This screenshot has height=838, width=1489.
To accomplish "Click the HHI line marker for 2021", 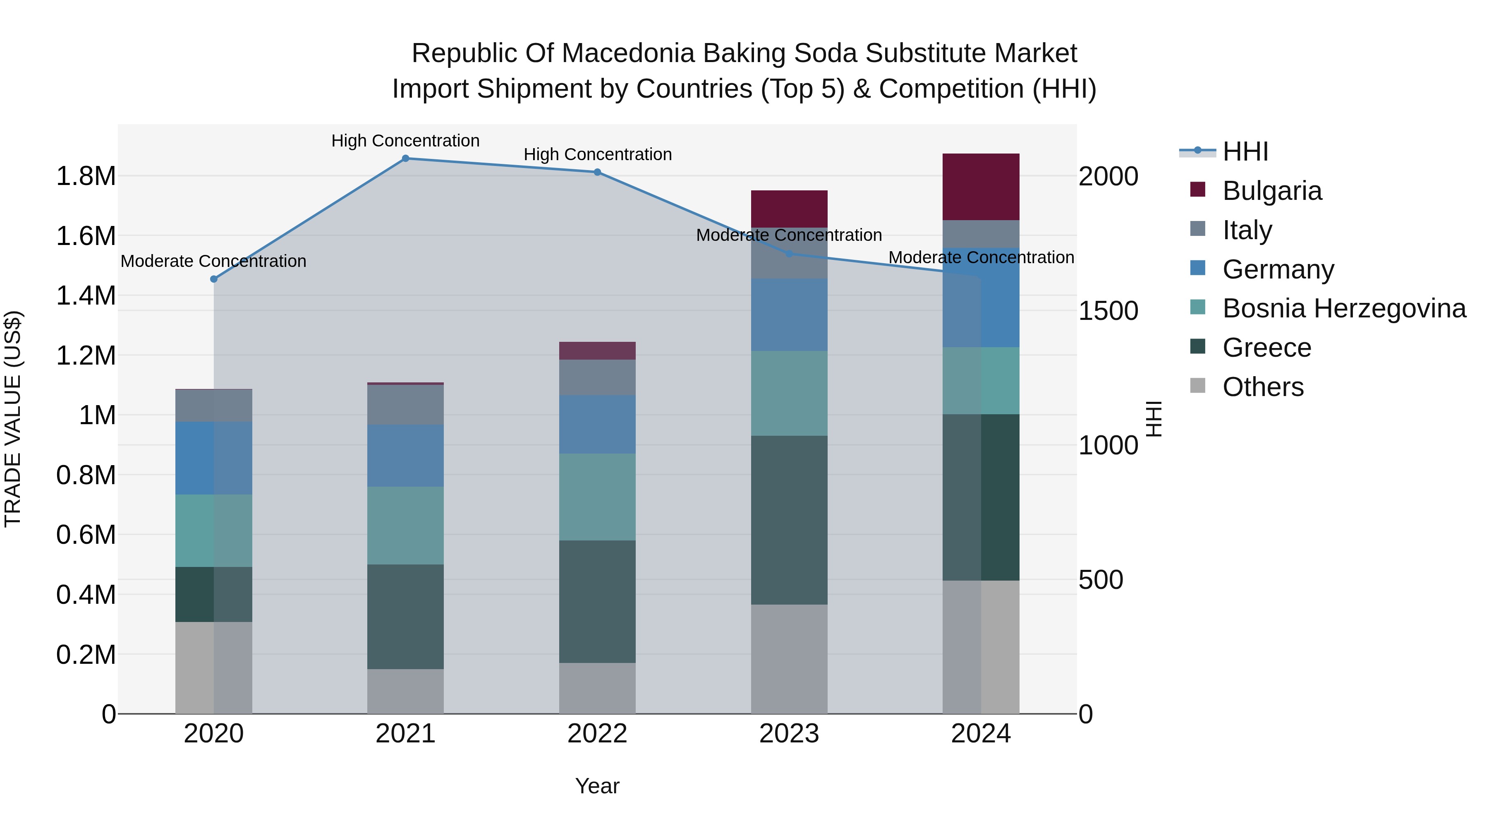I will [x=405, y=158].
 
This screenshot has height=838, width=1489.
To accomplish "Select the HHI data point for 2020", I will [x=214, y=279].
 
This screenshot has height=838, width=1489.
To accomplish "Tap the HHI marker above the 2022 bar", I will [x=597, y=172].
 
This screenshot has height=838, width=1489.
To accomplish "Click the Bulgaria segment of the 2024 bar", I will [x=981, y=187].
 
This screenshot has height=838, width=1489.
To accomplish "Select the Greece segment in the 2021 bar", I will [x=405, y=617].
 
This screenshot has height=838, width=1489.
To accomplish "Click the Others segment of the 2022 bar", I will [x=597, y=688].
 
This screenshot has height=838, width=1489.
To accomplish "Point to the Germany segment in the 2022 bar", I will [x=597, y=425].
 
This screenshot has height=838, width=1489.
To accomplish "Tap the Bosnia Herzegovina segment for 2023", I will [x=789, y=393].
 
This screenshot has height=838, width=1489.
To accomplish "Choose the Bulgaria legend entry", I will [x=1272, y=191].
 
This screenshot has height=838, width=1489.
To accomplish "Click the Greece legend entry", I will [x=1266, y=348].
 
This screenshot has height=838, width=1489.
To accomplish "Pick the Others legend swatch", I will [x=1198, y=386].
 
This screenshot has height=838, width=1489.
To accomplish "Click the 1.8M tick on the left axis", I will [x=86, y=176].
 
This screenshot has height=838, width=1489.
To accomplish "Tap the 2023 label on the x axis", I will [x=789, y=734].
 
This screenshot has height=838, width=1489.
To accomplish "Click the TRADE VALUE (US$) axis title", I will [x=13, y=419].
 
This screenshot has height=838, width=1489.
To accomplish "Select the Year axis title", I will [x=597, y=786].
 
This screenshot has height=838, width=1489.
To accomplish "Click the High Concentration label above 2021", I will [x=405, y=141].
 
